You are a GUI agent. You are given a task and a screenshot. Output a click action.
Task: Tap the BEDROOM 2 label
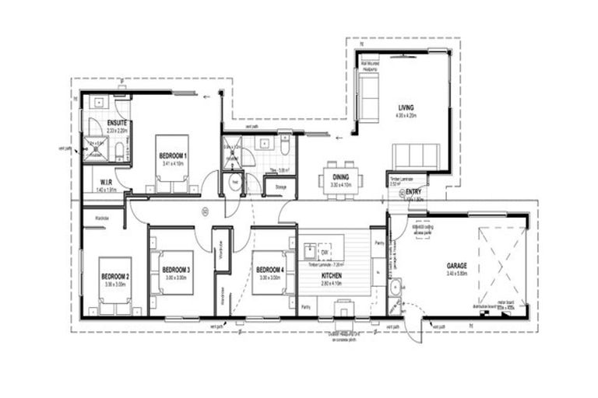click(115, 277)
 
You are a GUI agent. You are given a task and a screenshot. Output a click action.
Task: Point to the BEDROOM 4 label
click(270, 271)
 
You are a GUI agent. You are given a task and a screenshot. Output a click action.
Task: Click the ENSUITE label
click(118, 124)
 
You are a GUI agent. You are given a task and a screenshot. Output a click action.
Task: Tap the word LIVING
click(406, 107)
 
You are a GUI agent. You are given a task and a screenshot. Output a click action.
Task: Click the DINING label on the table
click(340, 178)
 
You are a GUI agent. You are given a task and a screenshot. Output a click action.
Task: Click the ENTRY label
click(413, 192)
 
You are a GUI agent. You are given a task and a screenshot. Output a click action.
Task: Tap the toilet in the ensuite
click(120, 152)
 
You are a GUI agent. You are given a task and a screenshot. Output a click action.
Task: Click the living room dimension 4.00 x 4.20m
click(406, 115)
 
